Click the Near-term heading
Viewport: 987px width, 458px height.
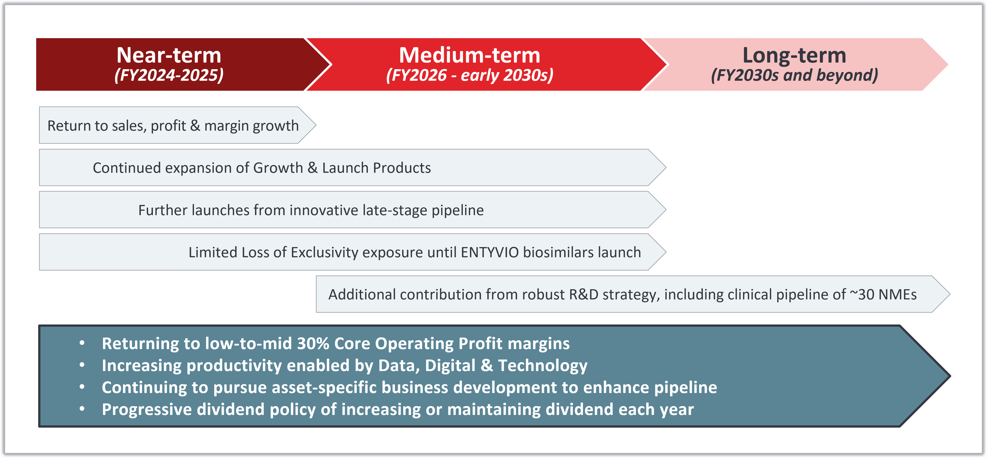[169, 55]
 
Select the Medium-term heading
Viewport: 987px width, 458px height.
[470, 55]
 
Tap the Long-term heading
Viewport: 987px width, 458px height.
[794, 55]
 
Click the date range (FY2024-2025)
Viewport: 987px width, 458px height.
[169, 75]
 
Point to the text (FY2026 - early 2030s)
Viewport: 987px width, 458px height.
[470, 75]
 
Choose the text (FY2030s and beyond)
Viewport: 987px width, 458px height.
[794, 75]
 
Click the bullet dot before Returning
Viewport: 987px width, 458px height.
[82, 343]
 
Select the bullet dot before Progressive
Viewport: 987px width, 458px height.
[82, 409]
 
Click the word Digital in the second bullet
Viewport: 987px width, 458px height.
[450, 366]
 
